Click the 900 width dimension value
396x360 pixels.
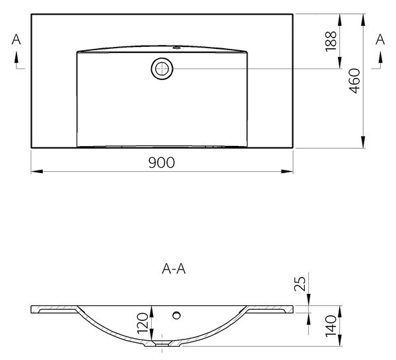[x=162, y=162]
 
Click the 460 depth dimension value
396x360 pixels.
[x=354, y=81]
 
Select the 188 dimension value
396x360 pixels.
[x=331, y=42]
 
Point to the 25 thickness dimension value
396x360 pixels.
[x=300, y=283]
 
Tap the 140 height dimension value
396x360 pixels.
[x=331, y=326]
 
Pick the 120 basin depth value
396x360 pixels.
[x=143, y=324]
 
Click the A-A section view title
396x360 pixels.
[x=174, y=270]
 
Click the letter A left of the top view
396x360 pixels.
[x=16, y=40]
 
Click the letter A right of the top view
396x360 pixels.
[x=380, y=40]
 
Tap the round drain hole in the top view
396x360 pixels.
[x=162, y=69]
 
